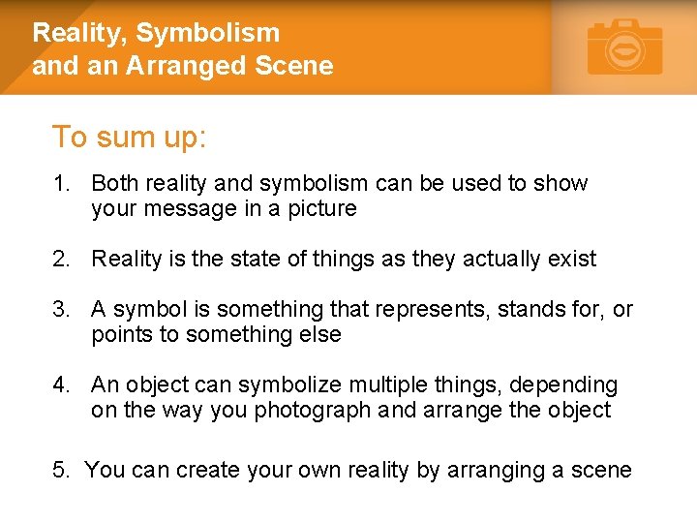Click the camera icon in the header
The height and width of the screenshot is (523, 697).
[x=624, y=46]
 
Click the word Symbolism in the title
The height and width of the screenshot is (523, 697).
[x=207, y=33]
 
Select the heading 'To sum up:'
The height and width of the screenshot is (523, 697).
[x=129, y=138]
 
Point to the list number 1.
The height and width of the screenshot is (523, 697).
[x=61, y=184]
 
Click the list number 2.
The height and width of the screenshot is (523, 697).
[x=61, y=260]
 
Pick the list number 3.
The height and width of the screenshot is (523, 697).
[x=61, y=310]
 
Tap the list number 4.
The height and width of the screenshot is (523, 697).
[x=61, y=385]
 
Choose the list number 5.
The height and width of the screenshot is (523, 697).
[x=61, y=471]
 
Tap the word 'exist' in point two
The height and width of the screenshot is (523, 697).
[x=573, y=260]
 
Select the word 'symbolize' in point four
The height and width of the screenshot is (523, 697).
[x=288, y=385]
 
